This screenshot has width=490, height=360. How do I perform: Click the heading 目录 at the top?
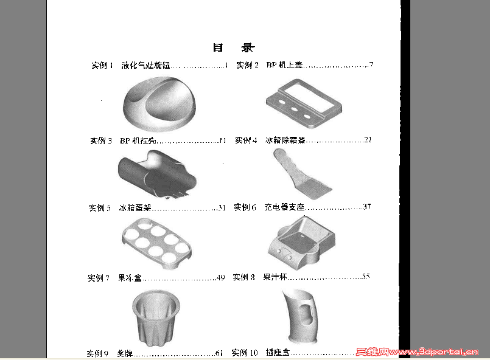(x=233, y=47)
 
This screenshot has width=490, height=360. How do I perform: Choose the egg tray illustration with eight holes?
(x=157, y=241)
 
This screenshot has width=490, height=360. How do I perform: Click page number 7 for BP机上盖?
(x=371, y=65)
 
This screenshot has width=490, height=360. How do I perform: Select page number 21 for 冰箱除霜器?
(x=368, y=140)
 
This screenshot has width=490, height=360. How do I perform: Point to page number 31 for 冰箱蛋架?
(x=222, y=207)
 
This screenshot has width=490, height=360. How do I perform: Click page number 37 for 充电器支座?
(x=367, y=207)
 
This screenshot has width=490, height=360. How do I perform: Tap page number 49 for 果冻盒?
(x=220, y=278)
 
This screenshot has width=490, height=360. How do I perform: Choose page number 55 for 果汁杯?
(x=366, y=277)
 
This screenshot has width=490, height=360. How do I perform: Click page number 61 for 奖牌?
(x=219, y=353)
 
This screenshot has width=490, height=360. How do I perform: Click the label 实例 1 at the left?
(x=102, y=66)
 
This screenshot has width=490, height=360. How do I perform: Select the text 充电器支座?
(x=284, y=207)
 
